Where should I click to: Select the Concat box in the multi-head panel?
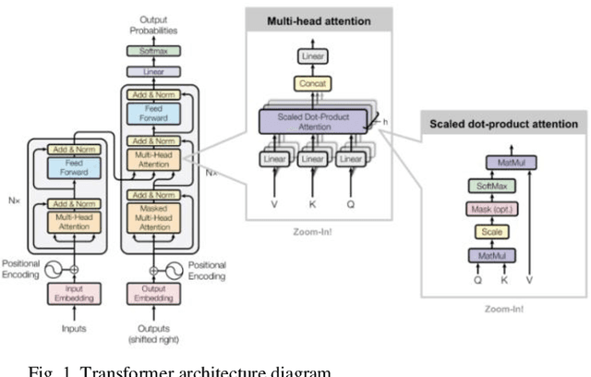click(x=311, y=83)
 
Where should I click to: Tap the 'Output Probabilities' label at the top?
click(x=148, y=23)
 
